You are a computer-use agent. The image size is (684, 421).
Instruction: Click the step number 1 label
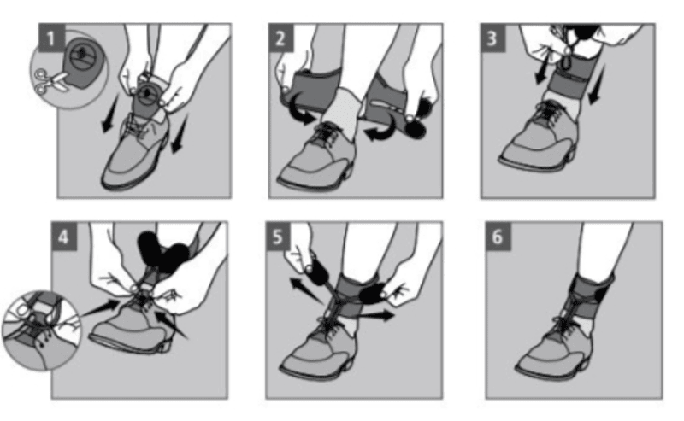coord(52,38)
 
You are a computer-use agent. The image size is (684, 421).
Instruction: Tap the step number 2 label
coord(281,38)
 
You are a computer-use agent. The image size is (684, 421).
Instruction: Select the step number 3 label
coord(493,38)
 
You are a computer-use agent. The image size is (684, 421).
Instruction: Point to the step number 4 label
coord(63,237)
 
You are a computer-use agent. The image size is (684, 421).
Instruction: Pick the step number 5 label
coord(278,237)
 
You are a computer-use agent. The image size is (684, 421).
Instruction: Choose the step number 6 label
coord(498,237)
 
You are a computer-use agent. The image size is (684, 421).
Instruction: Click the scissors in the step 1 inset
coord(50,81)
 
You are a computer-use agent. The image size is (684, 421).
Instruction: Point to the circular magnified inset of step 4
coord(40,330)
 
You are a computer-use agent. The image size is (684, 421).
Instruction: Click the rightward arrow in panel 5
coord(377,314)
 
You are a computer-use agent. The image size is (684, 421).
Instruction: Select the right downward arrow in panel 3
coord(596,85)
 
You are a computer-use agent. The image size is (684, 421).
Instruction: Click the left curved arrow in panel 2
coord(299,110)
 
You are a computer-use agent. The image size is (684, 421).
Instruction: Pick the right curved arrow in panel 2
coord(384,130)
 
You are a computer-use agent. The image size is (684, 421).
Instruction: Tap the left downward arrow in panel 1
coord(110,114)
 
